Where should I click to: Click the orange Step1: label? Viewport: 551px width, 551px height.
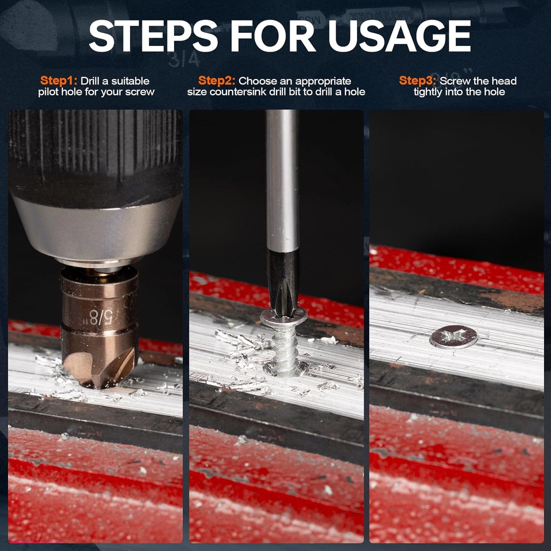coord(59,81)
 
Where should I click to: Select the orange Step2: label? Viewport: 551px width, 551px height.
coord(217,81)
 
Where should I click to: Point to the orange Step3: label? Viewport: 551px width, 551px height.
coord(417,81)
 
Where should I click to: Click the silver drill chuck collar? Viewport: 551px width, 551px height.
coord(97,226)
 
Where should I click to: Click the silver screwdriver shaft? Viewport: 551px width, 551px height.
coord(282,180)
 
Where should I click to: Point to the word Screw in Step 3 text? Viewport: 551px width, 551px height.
coord(455,81)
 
